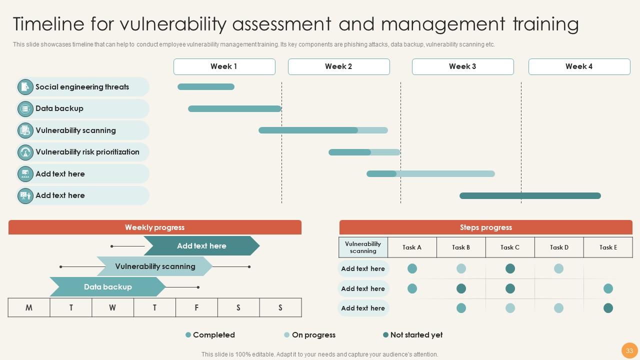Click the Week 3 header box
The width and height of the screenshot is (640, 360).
point(462,66)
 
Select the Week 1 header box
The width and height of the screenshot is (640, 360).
point(224,66)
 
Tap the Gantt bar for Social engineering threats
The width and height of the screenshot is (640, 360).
point(206,87)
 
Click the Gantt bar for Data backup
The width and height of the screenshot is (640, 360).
point(234,109)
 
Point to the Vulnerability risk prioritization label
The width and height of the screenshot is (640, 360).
point(87,152)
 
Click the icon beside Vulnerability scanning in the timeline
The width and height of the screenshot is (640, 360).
point(25,130)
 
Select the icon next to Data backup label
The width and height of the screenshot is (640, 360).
point(25,109)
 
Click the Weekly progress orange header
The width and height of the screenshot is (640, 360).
point(155,227)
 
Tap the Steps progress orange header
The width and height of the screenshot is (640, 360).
point(485,227)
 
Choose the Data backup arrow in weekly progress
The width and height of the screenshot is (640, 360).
point(107,287)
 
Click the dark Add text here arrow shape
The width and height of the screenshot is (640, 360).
point(201,246)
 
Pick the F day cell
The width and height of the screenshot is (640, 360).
point(196,308)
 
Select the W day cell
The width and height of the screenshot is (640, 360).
point(112,308)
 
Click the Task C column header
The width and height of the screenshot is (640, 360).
point(510,247)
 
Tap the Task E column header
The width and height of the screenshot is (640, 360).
point(608,247)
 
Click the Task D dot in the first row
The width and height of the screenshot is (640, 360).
point(559,269)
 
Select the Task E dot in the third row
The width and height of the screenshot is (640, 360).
point(608,308)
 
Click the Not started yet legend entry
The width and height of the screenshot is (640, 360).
point(412,335)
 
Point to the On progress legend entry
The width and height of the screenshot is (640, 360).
point(309,335)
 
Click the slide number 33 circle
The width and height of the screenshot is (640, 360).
point(629,350)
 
